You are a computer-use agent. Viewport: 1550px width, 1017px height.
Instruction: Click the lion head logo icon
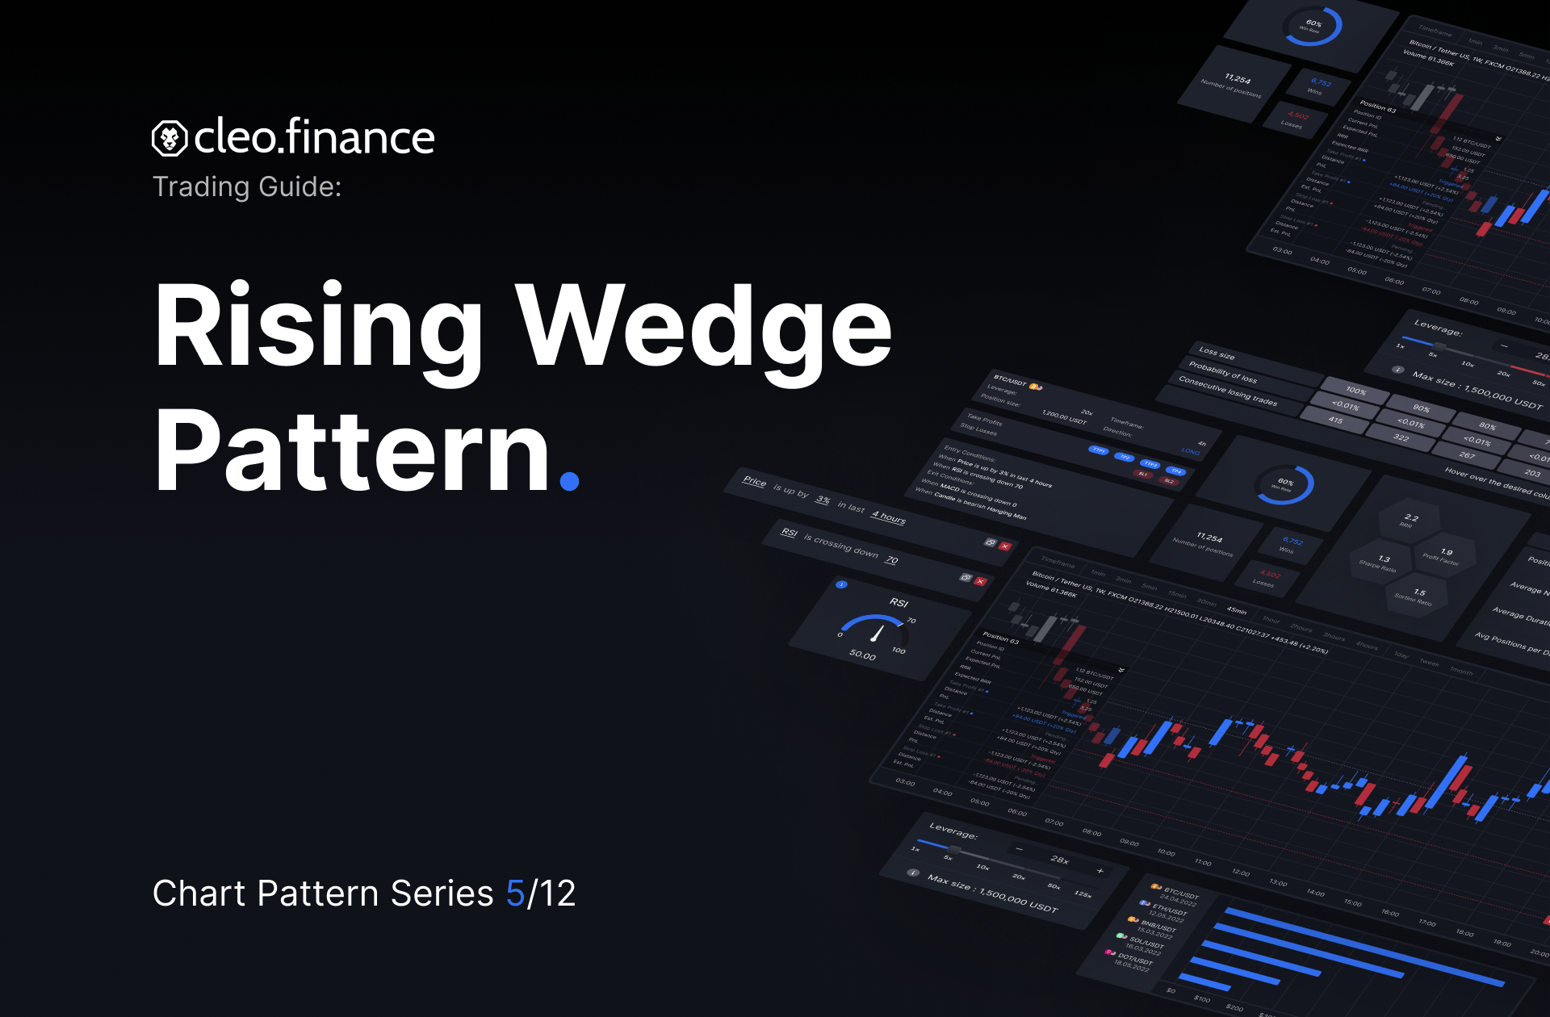coord(170,139)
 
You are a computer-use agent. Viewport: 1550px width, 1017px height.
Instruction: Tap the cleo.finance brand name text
coord(314,137)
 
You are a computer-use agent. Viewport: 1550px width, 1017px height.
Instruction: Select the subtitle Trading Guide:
coord(247,187)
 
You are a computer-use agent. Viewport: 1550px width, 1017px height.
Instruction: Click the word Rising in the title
coord(318,327)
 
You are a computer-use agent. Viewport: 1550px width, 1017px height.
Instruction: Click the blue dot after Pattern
coord(569,481)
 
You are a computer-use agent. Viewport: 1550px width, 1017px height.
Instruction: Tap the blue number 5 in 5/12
coord(515,894)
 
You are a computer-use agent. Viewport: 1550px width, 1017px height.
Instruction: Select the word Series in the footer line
coord(442,894)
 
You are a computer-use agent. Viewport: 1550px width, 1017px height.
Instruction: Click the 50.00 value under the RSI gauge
coord(862,655)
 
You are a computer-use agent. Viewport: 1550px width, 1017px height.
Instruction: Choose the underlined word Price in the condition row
coord(754,481)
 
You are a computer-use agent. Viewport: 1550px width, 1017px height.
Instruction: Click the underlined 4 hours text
coord(888,517)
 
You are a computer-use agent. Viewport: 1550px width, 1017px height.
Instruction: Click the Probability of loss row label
coord(1222,372)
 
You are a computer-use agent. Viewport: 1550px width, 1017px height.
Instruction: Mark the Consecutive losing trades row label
coord(1227,391)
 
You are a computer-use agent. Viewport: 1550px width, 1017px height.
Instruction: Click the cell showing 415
coord(1335,420)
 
